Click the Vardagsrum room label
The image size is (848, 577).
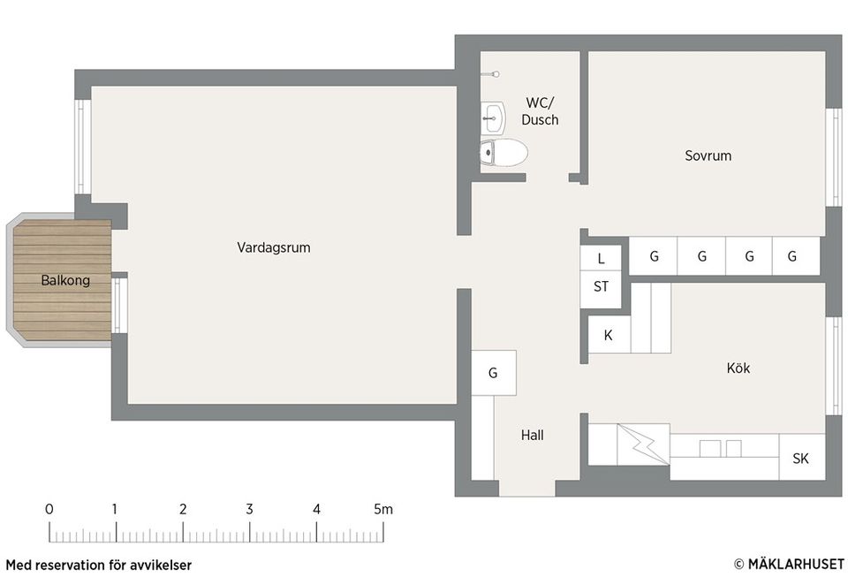pos(273,247)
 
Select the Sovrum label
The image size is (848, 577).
pos(708,156)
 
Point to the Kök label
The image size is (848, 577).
pos(738,368)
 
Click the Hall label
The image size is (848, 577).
pos(532,435)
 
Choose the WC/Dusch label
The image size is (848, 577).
pos(540,110)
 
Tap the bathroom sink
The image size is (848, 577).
pos(493,116)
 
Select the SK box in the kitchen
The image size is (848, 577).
pos(801,459)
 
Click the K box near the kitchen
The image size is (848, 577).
pos(608,336)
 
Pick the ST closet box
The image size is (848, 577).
pos(602,286)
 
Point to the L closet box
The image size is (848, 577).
pos(602,259)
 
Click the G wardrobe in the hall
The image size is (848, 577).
pos(493,373)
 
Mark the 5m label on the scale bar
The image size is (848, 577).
pos(382,509)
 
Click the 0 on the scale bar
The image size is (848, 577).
pos(49,509)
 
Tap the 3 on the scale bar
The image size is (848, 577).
pos(249,509)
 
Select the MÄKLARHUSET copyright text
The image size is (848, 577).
pos(788,564)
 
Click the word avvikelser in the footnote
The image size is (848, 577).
pos(161,565)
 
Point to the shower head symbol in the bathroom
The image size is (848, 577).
pos(497,73)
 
